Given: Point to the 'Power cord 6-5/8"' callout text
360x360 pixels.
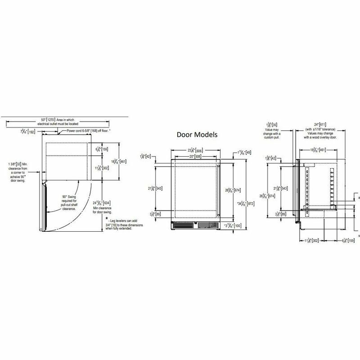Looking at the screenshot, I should (87, 130).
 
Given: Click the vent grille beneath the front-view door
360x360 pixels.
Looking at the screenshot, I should (195, 225).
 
